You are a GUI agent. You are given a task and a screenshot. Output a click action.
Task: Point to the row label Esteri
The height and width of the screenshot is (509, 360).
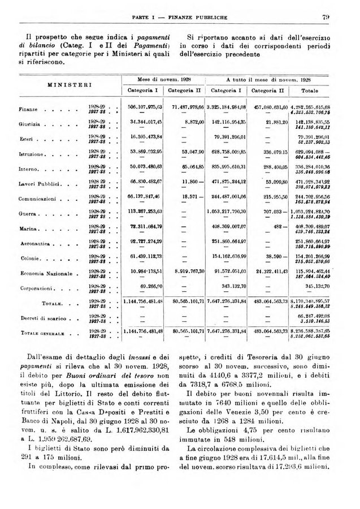27,138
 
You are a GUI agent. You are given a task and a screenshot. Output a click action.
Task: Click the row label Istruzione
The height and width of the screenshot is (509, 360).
32,153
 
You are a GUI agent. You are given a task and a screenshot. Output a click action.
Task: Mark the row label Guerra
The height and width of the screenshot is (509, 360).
28,214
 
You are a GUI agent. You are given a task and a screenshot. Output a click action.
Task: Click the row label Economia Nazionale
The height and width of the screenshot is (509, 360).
45,274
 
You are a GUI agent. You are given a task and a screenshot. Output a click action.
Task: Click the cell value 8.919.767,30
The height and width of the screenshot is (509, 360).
186,272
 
